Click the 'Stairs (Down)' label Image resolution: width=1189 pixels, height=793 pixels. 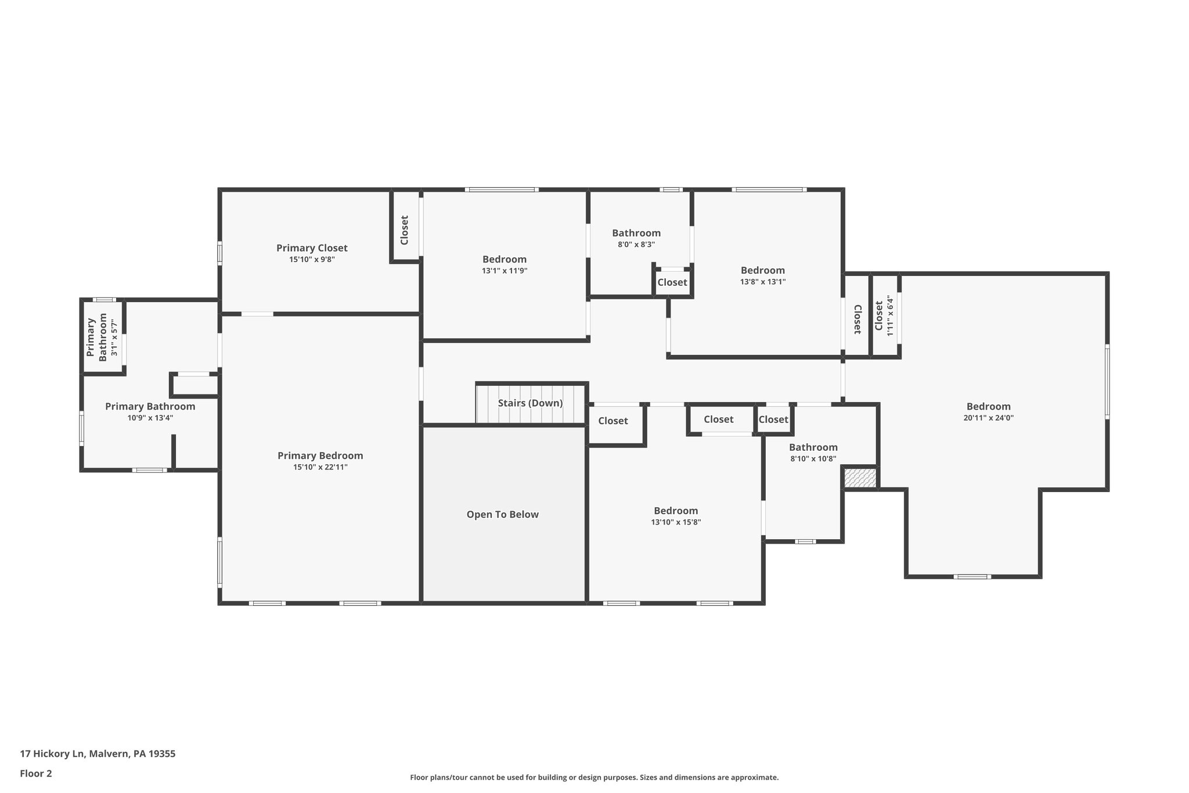(x=530, y=403)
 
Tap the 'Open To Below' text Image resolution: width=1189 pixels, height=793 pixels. (x=503, y=515)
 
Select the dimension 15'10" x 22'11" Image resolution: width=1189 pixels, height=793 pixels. (x=320, y=467)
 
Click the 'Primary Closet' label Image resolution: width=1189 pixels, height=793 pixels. (x=312, y=248)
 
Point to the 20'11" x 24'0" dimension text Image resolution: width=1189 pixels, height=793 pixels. (x=988, y=418)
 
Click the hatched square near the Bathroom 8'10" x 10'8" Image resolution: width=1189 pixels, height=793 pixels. (x=860, y=478)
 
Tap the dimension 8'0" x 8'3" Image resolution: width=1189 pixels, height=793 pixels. (x=636, y=245)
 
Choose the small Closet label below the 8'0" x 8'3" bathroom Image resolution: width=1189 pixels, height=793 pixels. (x=672, y=282)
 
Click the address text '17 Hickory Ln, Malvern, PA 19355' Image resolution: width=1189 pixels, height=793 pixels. (x=98, y=753)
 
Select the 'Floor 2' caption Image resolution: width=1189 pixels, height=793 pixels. (x=36, y=773)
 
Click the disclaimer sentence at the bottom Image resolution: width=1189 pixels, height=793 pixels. (x=594, y=777)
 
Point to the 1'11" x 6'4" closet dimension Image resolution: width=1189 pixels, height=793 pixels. (x=890, y=315)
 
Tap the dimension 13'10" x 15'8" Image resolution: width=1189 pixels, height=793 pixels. (x=676, y=522)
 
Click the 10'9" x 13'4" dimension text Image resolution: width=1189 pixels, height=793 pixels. (x=150, y=418)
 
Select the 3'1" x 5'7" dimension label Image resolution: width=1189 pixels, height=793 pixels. (x=114, y=339)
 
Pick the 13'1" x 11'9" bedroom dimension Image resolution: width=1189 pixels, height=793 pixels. (x=504, y=271)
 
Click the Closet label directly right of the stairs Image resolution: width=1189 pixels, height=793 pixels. (x=613, y=421)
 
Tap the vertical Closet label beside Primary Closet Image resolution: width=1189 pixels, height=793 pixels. (x=405, y=230)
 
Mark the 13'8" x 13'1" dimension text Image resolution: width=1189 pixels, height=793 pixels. (x=762, y=282)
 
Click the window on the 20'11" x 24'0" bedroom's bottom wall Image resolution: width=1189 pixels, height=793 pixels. (x=972, y=577)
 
